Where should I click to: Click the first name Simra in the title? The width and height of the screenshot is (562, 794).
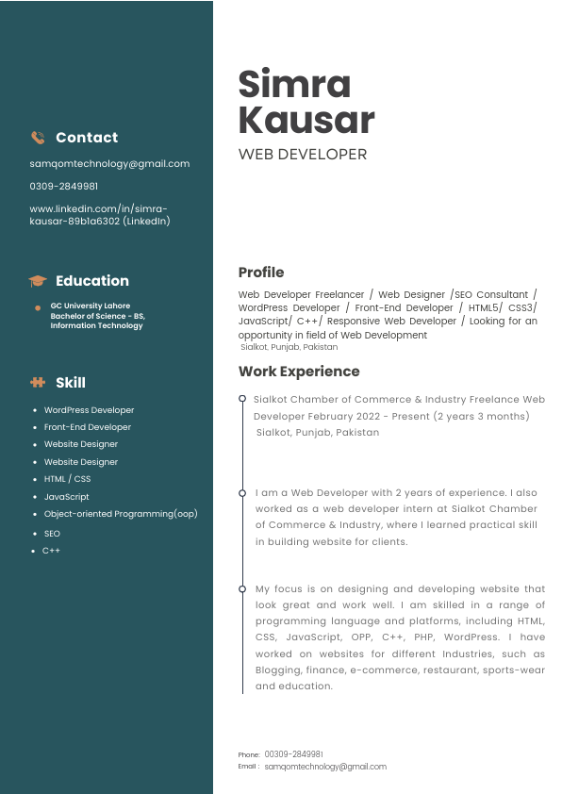294,85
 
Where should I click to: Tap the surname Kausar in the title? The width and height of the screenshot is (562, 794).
306,121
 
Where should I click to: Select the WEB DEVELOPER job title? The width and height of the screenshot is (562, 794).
303,154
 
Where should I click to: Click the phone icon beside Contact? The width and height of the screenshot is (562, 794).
38,138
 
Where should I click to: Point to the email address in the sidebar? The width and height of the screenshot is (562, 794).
109,163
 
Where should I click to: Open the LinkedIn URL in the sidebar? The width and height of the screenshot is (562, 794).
100,215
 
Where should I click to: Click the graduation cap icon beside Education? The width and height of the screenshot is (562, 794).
38,281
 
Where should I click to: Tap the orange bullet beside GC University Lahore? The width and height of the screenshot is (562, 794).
38,307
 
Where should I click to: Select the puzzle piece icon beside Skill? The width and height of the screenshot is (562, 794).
38,383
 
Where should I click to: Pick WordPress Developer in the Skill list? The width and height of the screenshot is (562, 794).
89,410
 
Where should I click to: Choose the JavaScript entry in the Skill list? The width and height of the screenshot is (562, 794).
66,497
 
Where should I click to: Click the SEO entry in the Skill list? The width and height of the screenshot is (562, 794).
52,534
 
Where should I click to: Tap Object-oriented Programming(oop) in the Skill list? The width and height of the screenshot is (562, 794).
121,514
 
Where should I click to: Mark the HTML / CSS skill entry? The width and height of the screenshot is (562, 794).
67,479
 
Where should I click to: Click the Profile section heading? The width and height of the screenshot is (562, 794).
261,273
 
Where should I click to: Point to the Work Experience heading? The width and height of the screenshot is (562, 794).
299,372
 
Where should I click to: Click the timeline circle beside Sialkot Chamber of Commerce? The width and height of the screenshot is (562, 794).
243,399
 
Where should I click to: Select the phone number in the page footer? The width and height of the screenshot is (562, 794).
293,754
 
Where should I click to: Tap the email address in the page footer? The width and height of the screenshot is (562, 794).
325,767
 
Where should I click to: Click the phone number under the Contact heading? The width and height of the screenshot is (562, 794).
63,187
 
